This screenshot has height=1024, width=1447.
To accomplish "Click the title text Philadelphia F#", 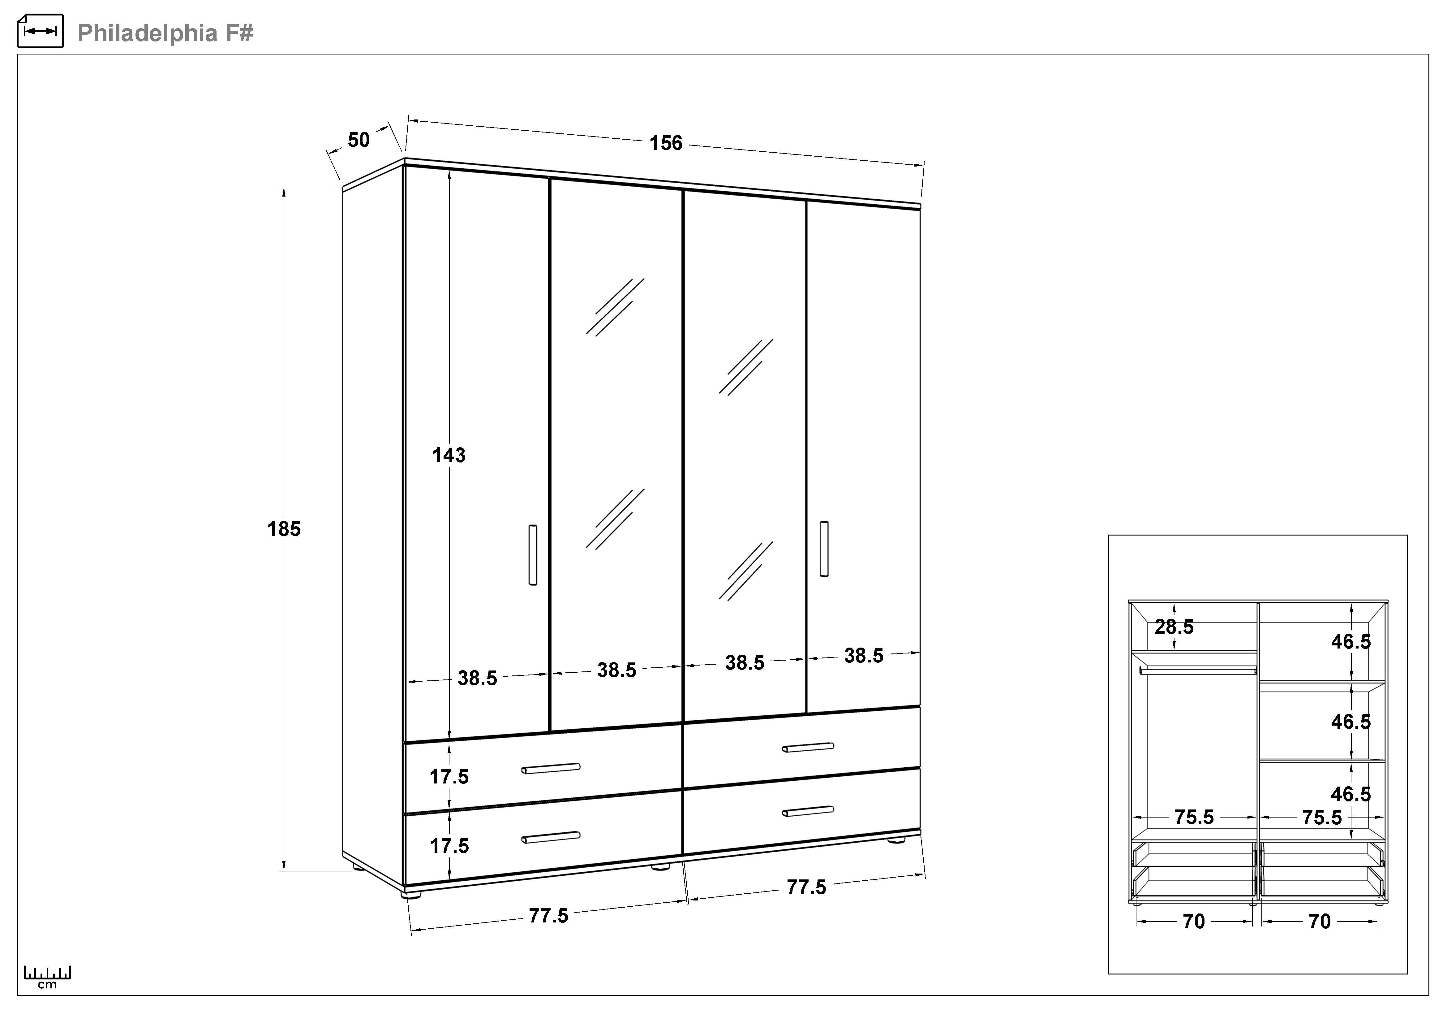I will pyautogui.click(x=165, y=33).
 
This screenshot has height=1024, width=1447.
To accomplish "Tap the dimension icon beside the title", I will pyautogui.click(x=40, y=31).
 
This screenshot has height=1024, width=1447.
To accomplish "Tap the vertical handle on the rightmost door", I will pyautogui.click(x=824, y=549).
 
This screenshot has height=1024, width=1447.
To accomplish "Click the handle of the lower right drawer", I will pyautogui.click(x=808, y=811).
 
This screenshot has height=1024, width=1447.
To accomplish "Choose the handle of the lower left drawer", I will pyautogui.click(x=551, y=837).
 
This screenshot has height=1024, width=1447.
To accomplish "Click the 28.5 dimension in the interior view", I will pyautogui.click(x=1174, y=627).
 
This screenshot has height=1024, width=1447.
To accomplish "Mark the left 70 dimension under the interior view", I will pyautogui.click(x=1194, y=922).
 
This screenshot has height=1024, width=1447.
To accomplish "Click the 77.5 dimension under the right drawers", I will pyautogui.click(x=806, y=887).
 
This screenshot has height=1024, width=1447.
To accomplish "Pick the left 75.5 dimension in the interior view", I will pyautogui.click(x=1194, y=817).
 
